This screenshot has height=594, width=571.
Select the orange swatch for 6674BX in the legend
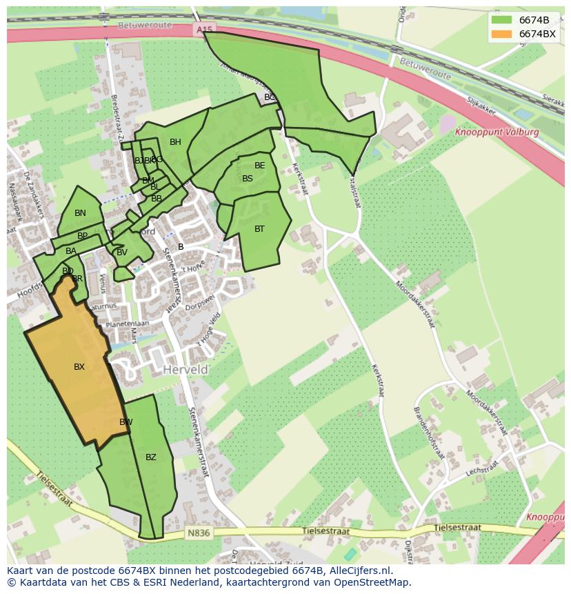point(502,34)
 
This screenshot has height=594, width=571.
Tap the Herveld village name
point(186,370)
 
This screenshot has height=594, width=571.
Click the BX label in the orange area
point(79,367)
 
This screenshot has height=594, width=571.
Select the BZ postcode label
point(151,457)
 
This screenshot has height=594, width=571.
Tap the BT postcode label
point(259,229)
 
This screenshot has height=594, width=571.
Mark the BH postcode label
point(175,142)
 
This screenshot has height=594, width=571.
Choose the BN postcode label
point(80,213)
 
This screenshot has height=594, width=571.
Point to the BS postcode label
point(248,179)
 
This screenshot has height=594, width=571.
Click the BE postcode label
point(260,166)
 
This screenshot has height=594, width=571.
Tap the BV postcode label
point(122,253)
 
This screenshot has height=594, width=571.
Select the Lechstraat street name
point(480,470)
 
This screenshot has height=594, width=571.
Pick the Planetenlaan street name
point(127,323)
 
